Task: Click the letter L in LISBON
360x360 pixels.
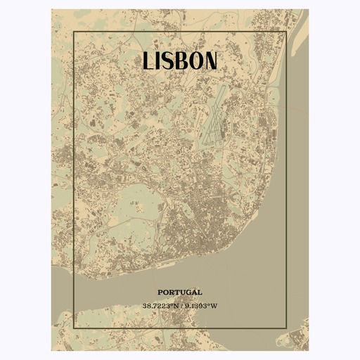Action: coord(148,60)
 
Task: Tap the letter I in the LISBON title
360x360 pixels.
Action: coord(160,60)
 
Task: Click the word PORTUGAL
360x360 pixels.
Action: coord(180,292)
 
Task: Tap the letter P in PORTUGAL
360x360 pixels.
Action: coord(160,292)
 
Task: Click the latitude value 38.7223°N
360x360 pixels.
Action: coord(161,306)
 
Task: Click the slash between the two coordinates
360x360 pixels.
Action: coord(181,306)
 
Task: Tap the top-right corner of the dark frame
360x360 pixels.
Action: coord(285,32)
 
